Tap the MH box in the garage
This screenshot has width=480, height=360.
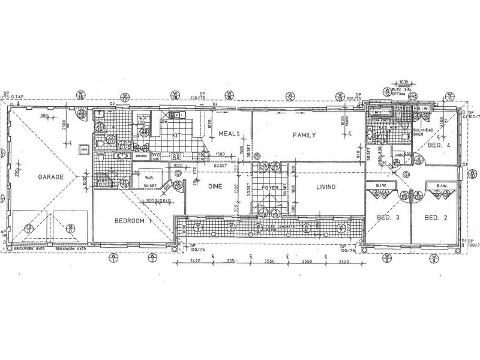click(84, 150)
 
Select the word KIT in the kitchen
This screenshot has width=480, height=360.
click(176, 136)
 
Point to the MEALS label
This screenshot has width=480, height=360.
click(229, 134)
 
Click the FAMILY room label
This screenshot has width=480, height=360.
click(304, 136)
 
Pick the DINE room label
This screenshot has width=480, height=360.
click(215, 187)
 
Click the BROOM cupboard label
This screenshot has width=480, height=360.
click(142, 156)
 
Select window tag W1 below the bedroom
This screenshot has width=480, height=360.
click(113, 257)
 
